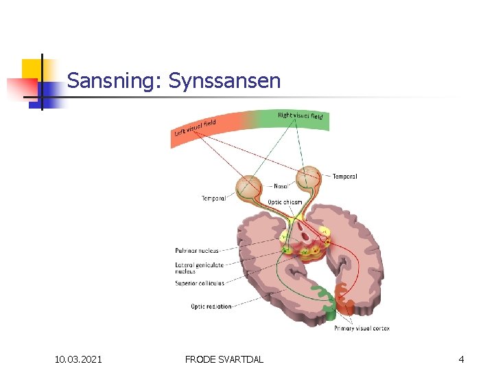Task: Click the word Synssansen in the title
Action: pos(224,81)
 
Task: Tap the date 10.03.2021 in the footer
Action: pos(79,359)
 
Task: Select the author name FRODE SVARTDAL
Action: pos(224,359)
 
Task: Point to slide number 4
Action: pos(461,359)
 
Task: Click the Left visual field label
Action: pos(195,128)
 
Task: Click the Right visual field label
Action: pos(300,115)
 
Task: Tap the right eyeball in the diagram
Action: pos(308,178)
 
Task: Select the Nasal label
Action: pos(281,186)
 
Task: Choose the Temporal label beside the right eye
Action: pos(344,177)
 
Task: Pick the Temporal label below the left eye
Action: pos(213,199)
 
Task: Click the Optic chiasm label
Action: pos(285,202)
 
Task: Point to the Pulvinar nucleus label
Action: pos(196,251)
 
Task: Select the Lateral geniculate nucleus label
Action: pos(198,267)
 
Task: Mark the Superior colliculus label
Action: pos(198,282)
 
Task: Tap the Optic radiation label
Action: pos(211,306)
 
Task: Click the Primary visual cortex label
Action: pos(362,328)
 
